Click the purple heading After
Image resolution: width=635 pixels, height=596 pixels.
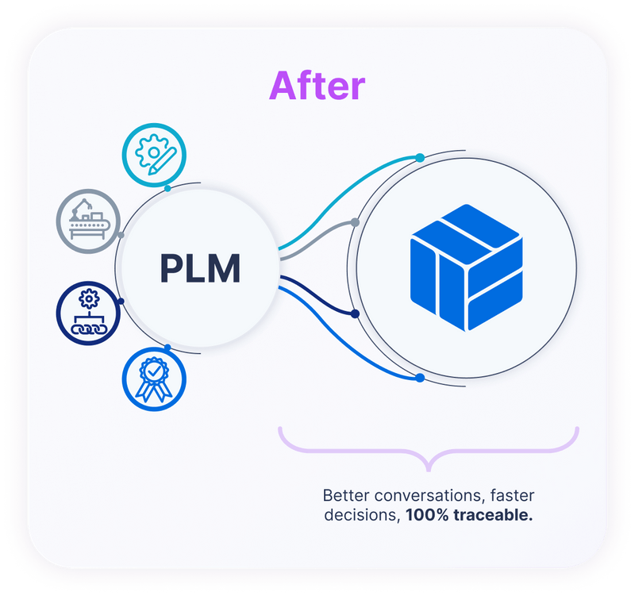tap(317, 86)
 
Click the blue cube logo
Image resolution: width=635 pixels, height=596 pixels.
tap(466, 267)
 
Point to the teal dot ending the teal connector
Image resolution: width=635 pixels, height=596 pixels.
tap(420, 157)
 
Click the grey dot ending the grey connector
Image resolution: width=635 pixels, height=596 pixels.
tap(355, 222)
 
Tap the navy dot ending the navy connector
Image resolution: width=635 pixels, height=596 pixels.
tap(355, 314)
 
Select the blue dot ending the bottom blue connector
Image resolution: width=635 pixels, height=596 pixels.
tap(420, 378)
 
